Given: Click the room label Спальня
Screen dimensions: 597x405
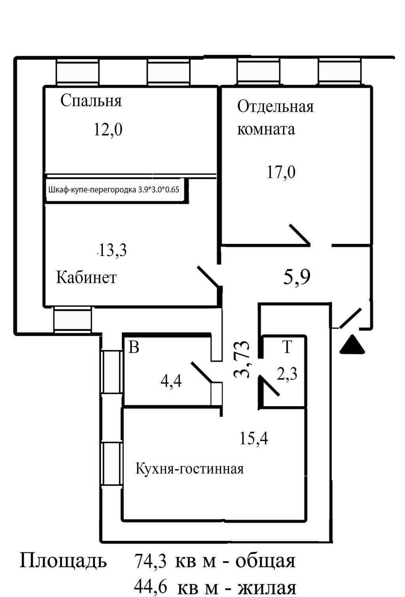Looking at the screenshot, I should tap(91, 101).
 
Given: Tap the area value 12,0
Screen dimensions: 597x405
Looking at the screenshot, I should tap(108, 129).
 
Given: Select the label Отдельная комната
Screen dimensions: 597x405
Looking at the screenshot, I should tap(275, 118).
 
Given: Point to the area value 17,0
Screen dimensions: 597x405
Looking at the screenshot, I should tap(281, 172).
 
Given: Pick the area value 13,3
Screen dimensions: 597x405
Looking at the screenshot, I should tap(112, 250).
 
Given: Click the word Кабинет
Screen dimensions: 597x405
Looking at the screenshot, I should tap(86, 277).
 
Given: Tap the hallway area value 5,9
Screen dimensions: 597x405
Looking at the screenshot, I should tap(297, 277).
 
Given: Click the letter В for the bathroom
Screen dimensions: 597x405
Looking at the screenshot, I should tap(134, 348).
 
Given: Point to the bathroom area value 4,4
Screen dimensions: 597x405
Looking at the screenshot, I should tap(171, 381).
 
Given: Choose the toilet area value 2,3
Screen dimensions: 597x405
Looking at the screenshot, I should tap(287, 374).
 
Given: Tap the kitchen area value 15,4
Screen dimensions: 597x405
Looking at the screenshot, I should tap(254, 438).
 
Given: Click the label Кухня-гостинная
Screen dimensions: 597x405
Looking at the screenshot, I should tap(189, 469).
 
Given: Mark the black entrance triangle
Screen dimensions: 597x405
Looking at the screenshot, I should tap(352, 345).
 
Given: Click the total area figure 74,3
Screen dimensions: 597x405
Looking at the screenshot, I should tap(150, 561).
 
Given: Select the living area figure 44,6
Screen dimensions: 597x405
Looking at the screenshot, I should tap(150, 587).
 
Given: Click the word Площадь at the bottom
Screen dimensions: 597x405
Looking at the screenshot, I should tap(63, 561).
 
